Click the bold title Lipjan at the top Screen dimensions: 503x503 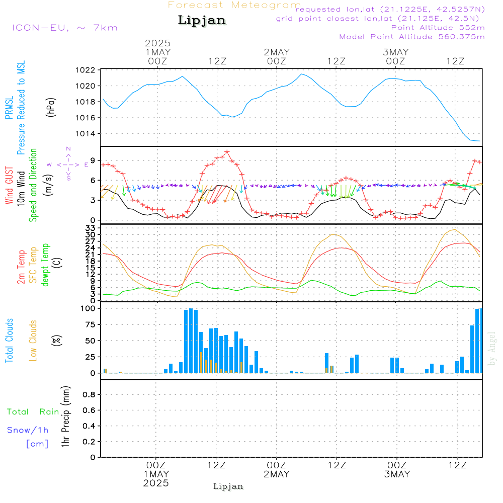202,21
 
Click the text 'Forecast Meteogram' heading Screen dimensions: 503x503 234,5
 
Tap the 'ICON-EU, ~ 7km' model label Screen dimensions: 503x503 64,27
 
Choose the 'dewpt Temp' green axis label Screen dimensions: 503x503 45,265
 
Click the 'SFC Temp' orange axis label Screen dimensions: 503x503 33,265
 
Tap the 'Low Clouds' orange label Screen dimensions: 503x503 33,340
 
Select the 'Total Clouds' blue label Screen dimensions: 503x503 10,340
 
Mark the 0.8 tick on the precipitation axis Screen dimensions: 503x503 89,395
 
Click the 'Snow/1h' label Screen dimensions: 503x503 28,430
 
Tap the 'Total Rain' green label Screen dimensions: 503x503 33,411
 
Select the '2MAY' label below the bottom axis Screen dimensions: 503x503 276,474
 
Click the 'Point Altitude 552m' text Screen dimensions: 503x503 438,27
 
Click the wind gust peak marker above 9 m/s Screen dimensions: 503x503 227,152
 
